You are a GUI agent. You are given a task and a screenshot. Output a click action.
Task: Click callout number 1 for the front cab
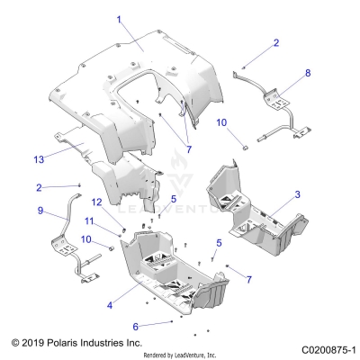[x=118, y=18]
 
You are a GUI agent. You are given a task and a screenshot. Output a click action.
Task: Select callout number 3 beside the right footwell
[x=298, y=194]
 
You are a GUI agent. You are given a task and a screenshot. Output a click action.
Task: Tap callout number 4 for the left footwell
[x=110, y=306]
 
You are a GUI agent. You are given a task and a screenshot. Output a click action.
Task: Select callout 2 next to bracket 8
[x=276, y=42]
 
